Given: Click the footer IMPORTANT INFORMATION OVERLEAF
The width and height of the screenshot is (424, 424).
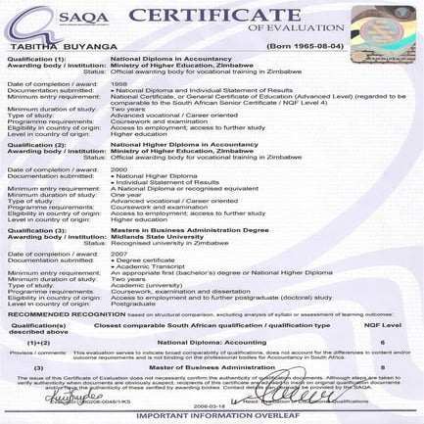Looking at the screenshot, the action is pyautogui.click(x=212, y=415).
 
